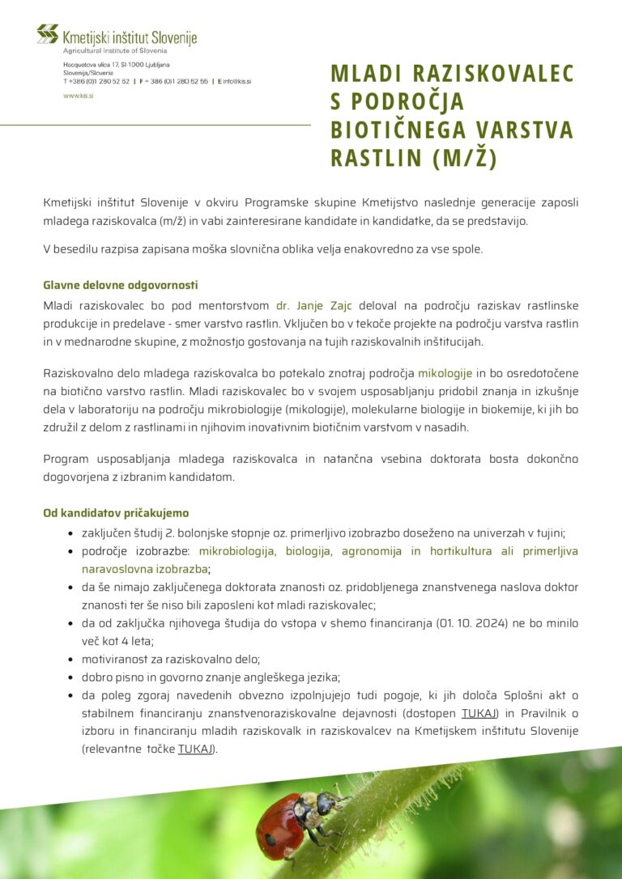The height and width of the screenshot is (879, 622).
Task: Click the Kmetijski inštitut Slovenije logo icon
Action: tap(48, 34)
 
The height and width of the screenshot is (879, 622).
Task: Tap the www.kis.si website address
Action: tap(79, 96)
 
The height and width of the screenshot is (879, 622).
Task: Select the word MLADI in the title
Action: tap(366, 74)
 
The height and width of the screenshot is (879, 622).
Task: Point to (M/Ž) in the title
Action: tap(464, 158)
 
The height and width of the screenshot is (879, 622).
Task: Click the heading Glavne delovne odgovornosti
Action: tap(121, 285)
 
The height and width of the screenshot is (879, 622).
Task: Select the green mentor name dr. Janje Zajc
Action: tap(322, 305)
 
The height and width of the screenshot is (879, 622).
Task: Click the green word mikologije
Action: tap(445, 373)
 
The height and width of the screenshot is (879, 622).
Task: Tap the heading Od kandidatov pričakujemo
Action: tap(116, 513)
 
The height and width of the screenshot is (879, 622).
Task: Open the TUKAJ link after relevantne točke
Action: tap(196, 749)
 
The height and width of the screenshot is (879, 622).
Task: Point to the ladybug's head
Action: tap(326, 803)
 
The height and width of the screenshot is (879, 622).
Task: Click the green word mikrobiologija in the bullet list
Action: tap(237, 551)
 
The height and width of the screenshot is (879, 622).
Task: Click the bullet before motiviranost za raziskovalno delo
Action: tap(70, 660)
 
